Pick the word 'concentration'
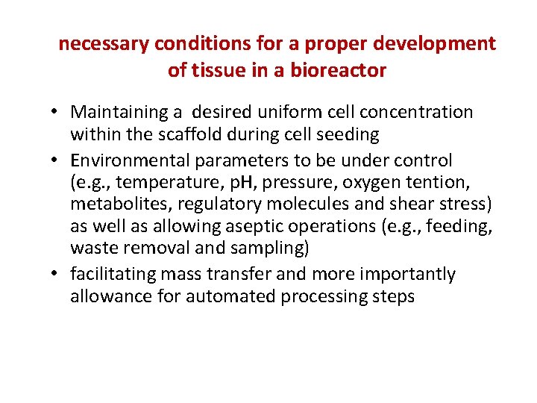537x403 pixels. [x=415, y=113]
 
